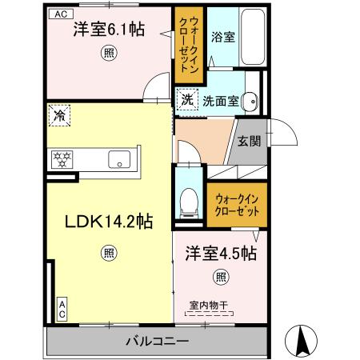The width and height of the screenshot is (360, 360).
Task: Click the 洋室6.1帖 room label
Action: coord(109,30)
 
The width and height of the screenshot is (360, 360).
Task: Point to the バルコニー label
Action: coord(156,342)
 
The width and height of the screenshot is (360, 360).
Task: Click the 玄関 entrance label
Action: coord(248,141)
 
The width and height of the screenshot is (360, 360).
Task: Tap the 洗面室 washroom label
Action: coord(219,101)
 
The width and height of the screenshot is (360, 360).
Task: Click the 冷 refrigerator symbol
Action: coord(59,117)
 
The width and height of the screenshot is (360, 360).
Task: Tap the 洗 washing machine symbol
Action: coord(186,100)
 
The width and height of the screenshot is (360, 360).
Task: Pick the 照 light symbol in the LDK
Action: coord(107,254)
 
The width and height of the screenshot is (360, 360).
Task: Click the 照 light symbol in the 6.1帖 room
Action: coord(108,54)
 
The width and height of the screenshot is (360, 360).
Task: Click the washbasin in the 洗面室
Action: coord(250,101)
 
